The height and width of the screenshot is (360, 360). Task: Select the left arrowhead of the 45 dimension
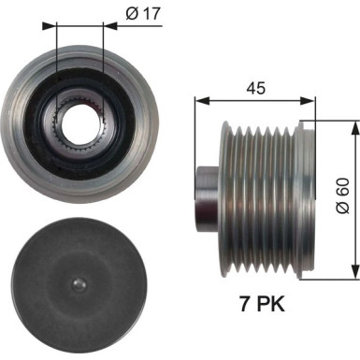[198, 98]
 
